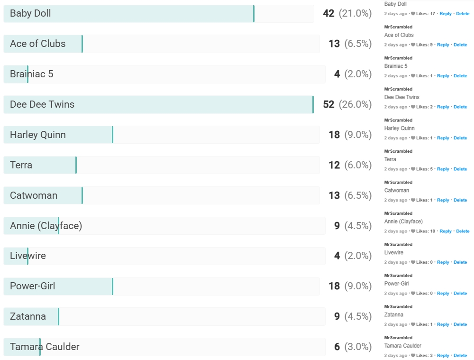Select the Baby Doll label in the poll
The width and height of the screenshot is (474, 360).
point(30,13)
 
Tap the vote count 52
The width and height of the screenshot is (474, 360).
point(328,104)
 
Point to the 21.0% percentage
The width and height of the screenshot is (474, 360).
point(355,13)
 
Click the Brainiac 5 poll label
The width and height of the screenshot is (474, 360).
point(31,74)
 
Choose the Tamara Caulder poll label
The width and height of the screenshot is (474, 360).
point(45,347)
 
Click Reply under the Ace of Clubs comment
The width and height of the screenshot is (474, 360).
point(443,45)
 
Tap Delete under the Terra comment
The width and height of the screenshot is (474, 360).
point(460,169)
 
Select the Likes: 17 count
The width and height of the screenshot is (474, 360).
point(426,14)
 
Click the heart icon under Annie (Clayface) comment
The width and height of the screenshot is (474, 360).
point(413,231)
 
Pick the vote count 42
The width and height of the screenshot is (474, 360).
point(328,13)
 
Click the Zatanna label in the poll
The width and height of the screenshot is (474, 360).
point(28,316)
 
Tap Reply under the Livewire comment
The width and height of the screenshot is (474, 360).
point(443,262)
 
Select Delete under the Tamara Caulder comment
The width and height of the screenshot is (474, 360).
point(460,356)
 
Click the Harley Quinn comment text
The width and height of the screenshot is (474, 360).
point(399,128)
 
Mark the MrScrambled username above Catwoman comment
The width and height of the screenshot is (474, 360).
point(398,183)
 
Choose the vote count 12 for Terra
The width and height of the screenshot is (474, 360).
point(334,165)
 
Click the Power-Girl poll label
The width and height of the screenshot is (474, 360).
point(32,286)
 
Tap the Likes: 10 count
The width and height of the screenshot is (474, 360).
point(427,231)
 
